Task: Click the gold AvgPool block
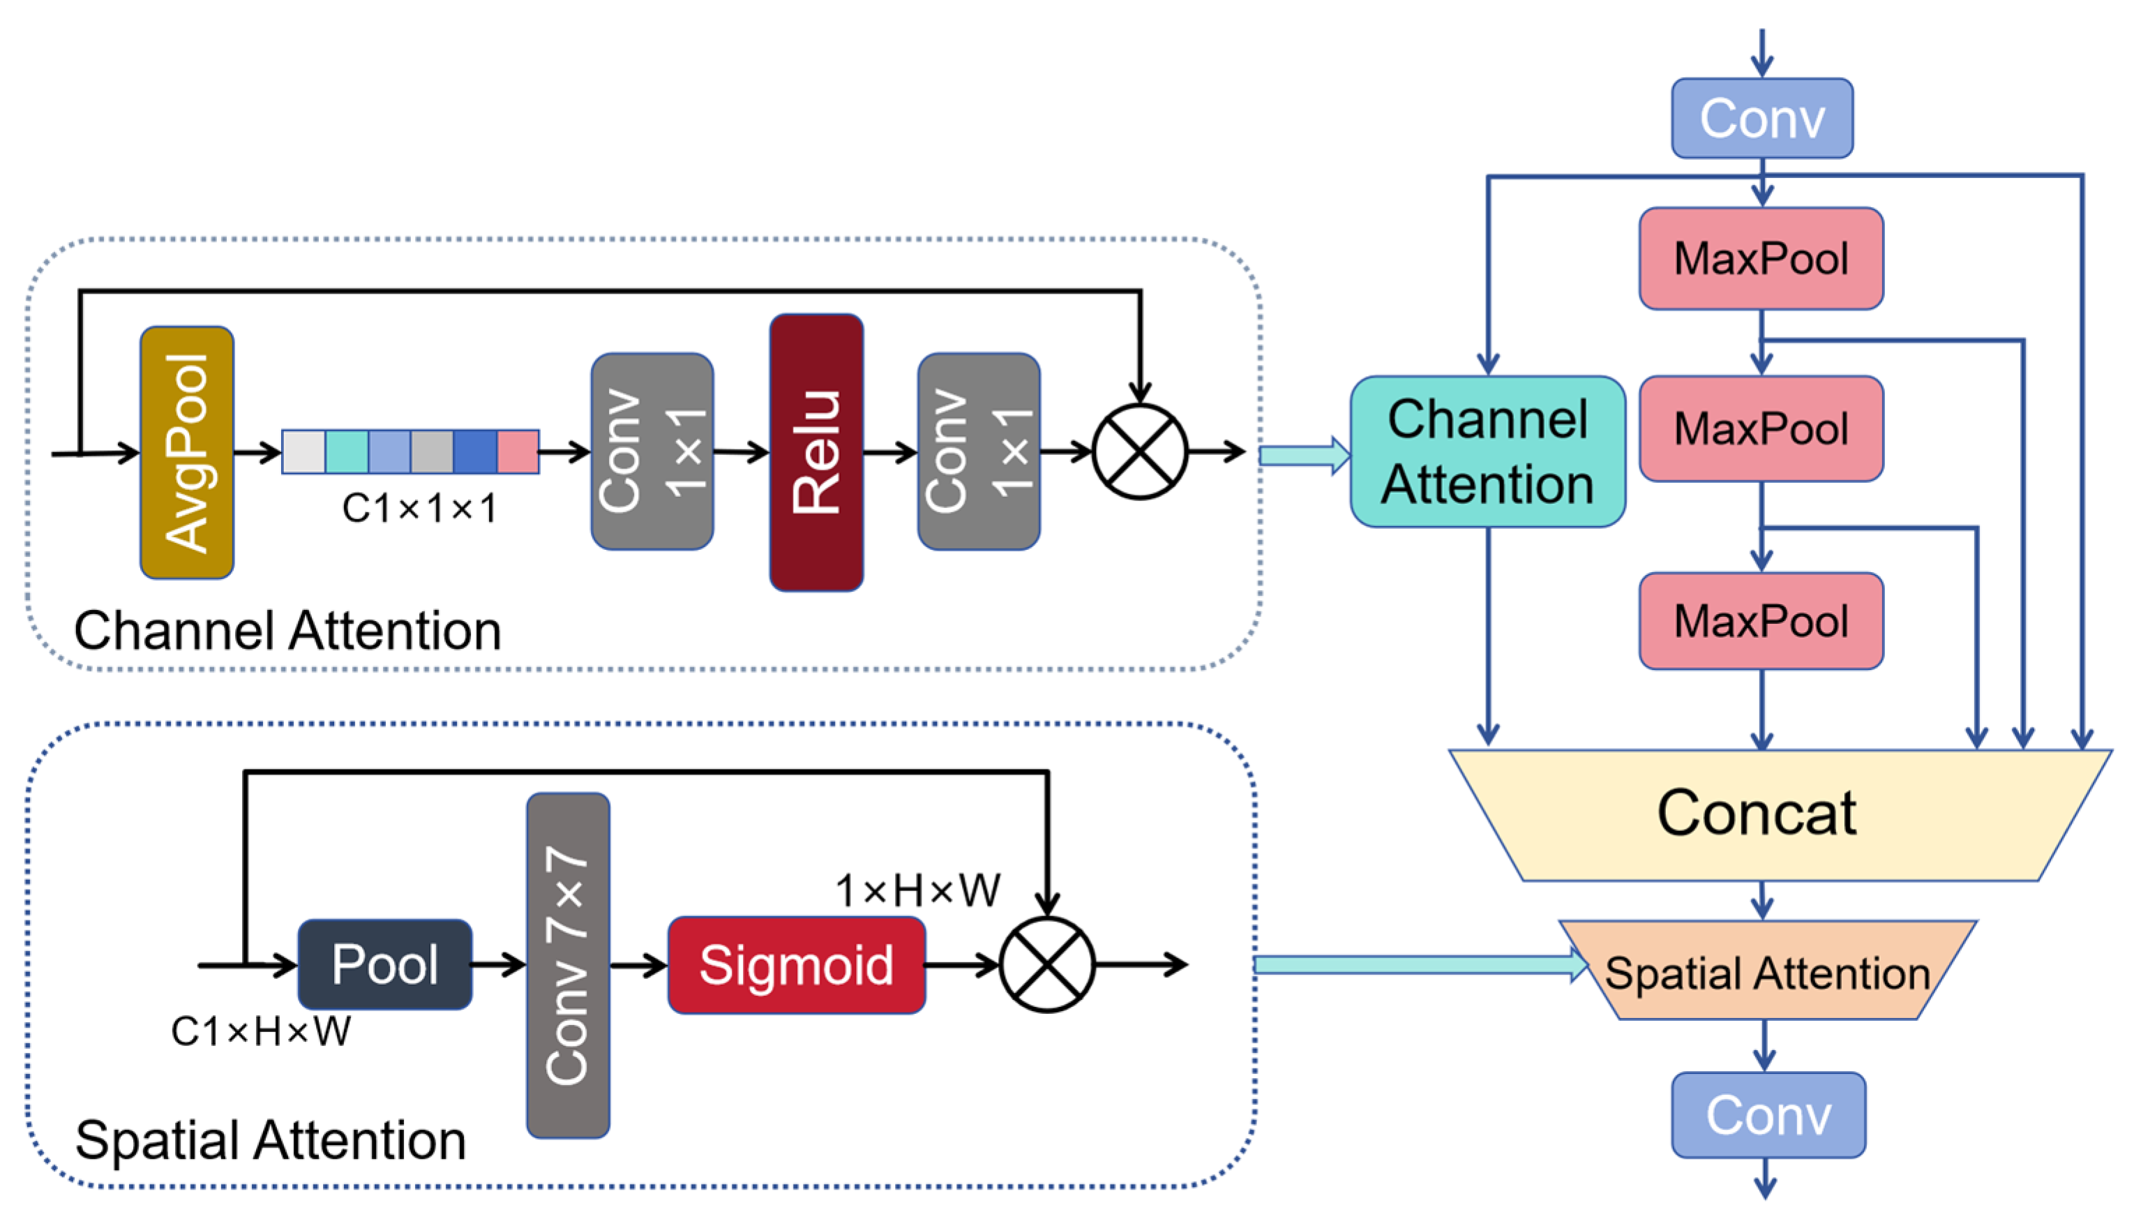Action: click(x=187, y=452)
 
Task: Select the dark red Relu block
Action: click(x=816, y=452)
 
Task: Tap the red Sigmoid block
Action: click(x=797, y=965)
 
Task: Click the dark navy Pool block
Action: click(x=384, y=964)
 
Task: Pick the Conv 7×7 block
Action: click(x=569, y=965)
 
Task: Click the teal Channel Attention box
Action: click(x=1487, y=452)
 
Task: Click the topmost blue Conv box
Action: click(x=1762, y=118)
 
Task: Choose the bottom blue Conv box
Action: click(x=1768, y=1115)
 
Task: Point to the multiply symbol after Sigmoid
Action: click(x=1047, y=965)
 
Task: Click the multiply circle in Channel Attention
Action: click(x=1140, y=452)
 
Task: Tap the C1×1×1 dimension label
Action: click(x=419, y=509)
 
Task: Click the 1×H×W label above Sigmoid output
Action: click(x=917, y=891)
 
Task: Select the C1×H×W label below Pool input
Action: click(x=261, y=1031)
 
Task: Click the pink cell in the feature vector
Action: click(x=518, y=452)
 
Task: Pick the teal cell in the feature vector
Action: click(x=347, y=452)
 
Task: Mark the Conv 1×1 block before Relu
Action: click(x=652, y=452)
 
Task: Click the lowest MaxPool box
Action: click(x=1761, y=622)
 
